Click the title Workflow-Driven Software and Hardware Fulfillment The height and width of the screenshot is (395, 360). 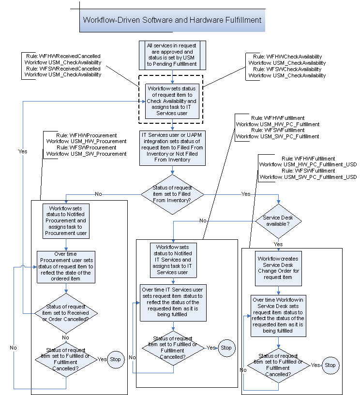172,20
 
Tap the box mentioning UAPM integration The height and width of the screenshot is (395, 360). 172,146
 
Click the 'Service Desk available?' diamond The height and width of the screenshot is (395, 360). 278,220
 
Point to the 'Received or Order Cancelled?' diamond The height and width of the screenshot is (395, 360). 65,313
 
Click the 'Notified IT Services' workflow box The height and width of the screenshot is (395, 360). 173,260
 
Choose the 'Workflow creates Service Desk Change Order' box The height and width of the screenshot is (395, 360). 278,267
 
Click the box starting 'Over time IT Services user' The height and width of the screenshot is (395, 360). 173,302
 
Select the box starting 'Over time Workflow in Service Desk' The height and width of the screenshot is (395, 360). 278,315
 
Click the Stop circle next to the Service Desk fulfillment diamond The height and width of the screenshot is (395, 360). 330,365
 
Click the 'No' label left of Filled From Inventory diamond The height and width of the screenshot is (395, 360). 98,194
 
